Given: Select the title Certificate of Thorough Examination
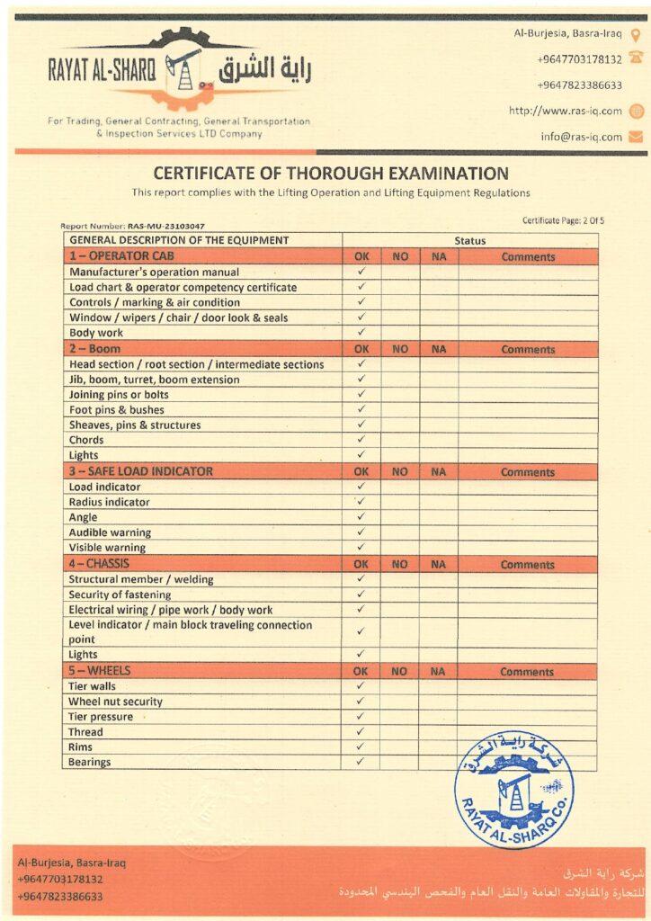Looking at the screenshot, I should [331, 174].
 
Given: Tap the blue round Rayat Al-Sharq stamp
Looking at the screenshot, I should [513, 789].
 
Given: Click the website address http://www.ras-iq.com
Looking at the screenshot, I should [565, 111].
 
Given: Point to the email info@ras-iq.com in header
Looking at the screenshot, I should [581, 137].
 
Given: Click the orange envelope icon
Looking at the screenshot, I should [636, 137].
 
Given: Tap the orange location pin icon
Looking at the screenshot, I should [636, 36].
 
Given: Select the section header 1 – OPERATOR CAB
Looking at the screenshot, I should [121, 256].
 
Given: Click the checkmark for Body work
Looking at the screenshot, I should [361, 332].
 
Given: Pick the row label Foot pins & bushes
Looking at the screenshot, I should [117, 410].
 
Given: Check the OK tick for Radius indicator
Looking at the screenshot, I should [361, 502].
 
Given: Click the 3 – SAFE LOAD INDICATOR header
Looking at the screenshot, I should [141, 471].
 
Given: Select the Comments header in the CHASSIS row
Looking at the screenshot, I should [528, 565].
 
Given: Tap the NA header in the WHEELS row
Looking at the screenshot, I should [438, 672].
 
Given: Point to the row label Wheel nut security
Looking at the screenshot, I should [116, 702].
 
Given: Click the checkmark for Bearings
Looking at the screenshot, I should [361, 762].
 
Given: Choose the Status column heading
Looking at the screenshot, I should [469, 241].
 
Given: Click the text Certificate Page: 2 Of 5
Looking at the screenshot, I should [563, 220].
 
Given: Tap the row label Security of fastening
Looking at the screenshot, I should [120, 595].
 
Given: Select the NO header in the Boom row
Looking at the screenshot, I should [400, 349].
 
